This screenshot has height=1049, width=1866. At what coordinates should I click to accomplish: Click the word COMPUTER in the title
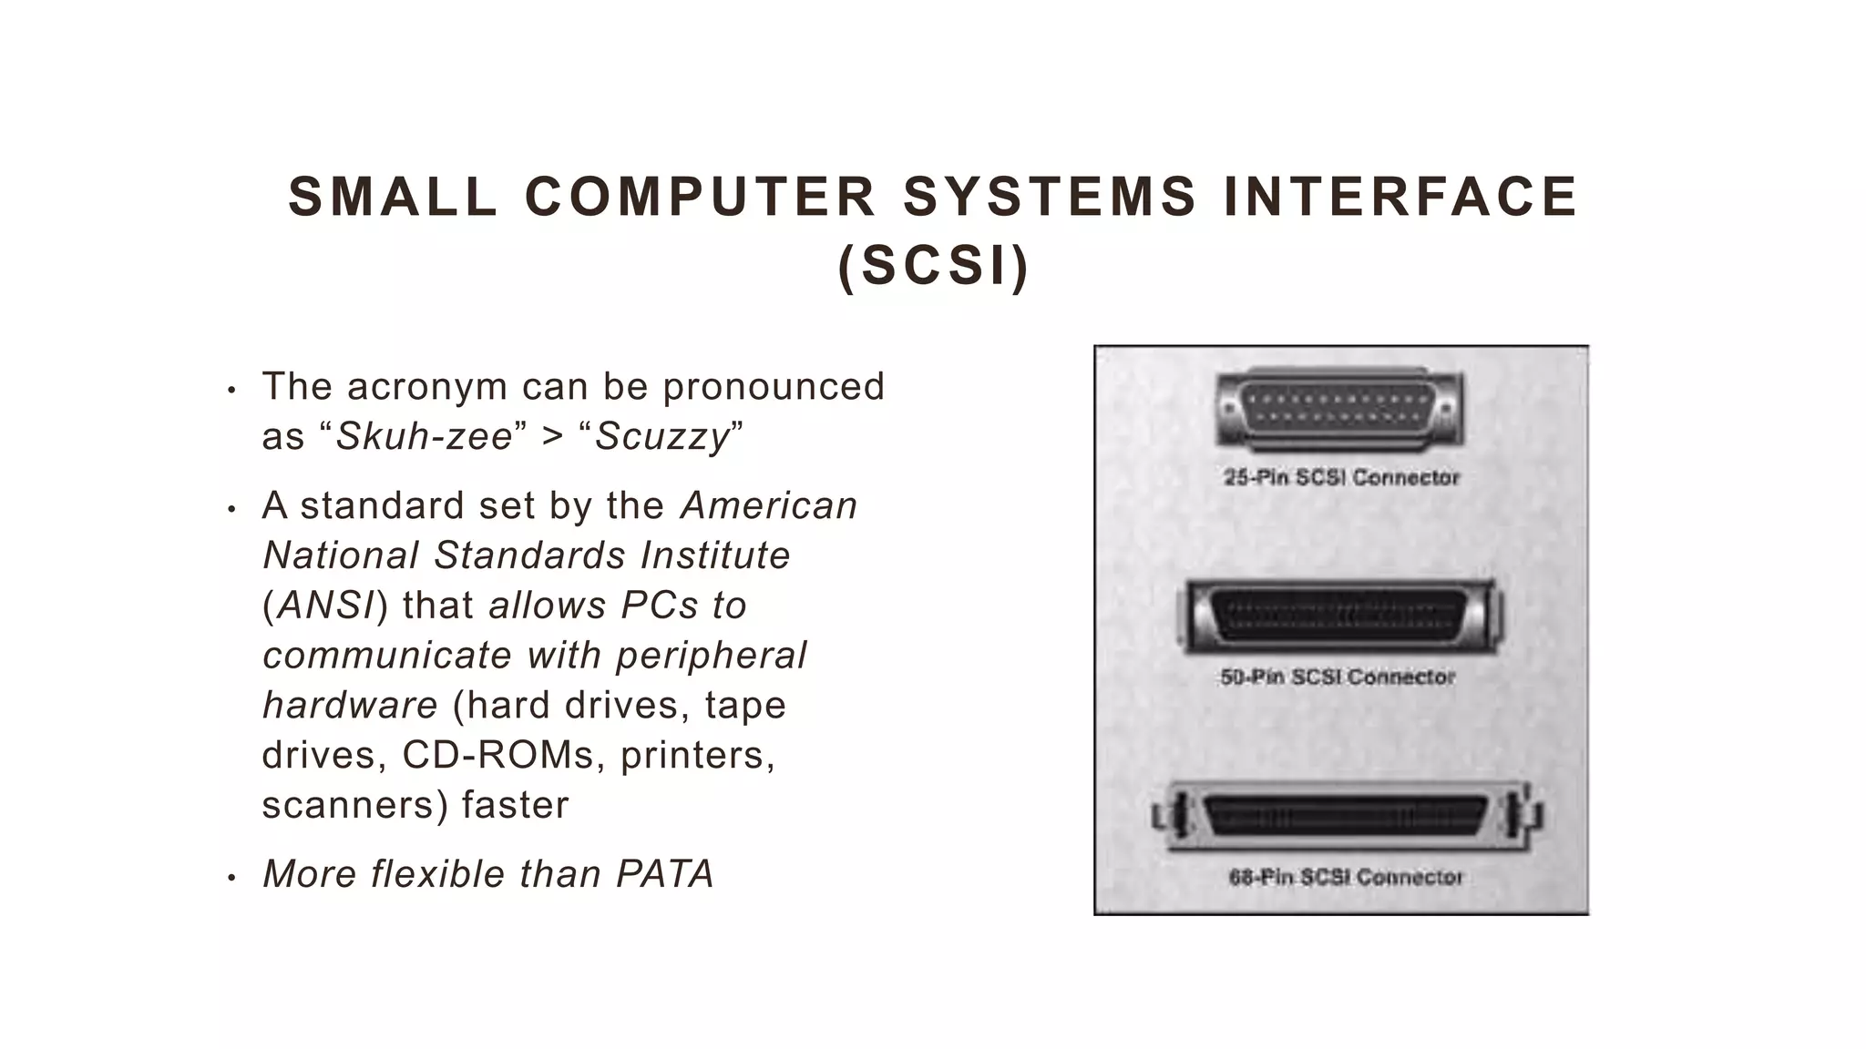click(700, 197)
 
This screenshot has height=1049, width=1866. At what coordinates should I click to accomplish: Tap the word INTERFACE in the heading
click(1399, 197)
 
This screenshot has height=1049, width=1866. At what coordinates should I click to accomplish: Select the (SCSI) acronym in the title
click(933, 266)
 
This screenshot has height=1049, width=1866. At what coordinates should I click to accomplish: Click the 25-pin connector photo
click(1339, 410)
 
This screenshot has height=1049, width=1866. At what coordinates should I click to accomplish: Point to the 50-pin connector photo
click(1339, 616)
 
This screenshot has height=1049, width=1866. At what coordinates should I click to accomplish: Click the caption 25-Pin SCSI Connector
click(1341, 477)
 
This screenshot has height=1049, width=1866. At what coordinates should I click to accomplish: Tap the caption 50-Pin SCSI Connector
click(1338, 677)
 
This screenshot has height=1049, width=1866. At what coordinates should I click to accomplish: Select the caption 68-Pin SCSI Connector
click(1345, 877)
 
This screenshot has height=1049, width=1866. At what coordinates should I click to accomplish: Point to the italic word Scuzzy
click(662, 436)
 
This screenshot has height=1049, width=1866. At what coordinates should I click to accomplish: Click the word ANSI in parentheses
click(326, 606)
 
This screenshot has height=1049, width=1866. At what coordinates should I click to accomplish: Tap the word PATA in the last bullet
click(665, 874)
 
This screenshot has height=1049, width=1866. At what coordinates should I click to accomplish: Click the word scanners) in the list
click(355, 805)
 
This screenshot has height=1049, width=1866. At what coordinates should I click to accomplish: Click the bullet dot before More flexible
click(231, 878)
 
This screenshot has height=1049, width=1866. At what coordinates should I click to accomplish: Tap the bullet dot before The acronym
click(231, 391)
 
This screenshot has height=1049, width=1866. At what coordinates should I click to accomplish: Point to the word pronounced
click(774, 386)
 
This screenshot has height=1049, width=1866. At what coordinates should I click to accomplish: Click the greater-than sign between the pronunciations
click(553, 436)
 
